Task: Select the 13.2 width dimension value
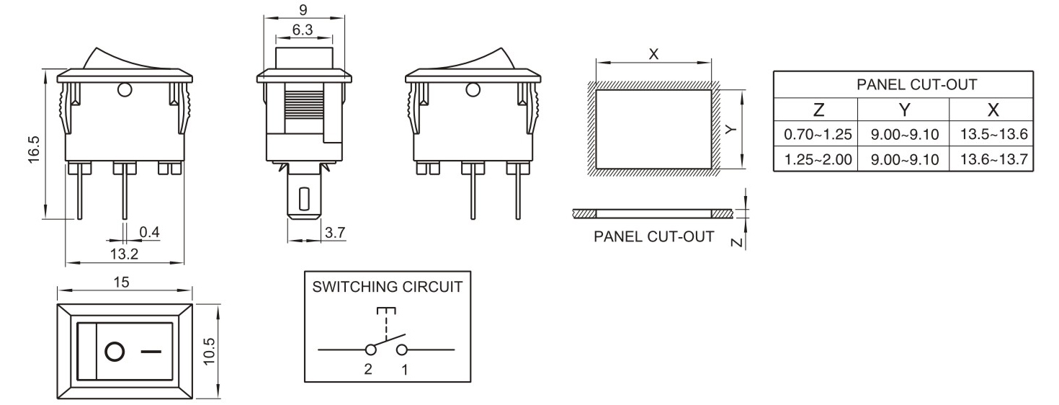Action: [x=123, y=254]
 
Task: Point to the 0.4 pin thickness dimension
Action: [x=149, y=232]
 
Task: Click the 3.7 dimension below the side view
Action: [x=335, y=233]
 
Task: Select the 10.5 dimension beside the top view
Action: [x=210, y=351]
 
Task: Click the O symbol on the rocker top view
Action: [x=114, y=352]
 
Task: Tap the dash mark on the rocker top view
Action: [x=150, y=352]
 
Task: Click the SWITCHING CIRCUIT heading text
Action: [x=387, y=286]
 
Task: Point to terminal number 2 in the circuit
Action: [x=368, y=369]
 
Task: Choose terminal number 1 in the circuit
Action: [x=404, y=369]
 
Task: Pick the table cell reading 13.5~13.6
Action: [x=993, y=134]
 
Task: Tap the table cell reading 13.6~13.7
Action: [x=993, y=159]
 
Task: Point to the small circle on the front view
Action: [x=124, y=90]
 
